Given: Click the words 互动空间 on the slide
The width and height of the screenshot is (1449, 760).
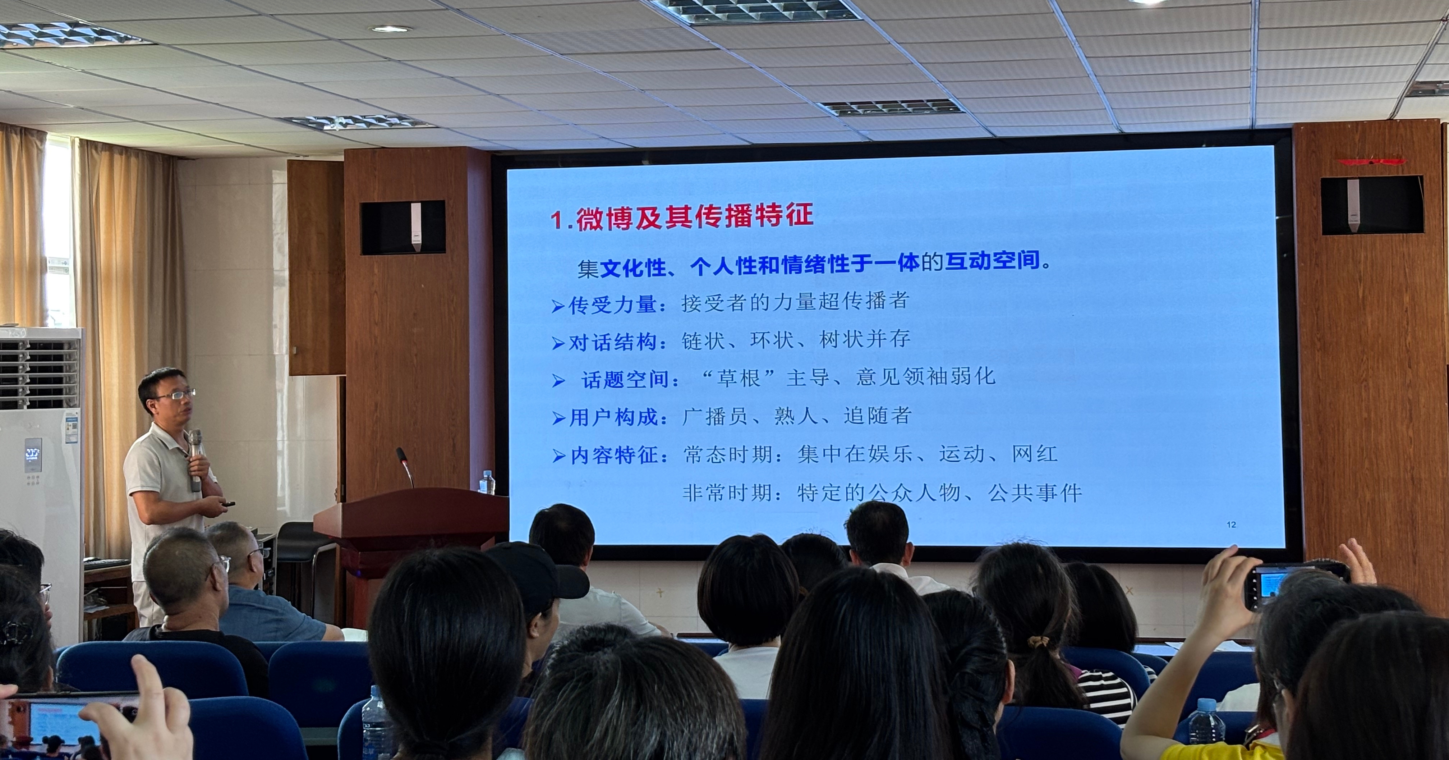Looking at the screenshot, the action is point(992,262).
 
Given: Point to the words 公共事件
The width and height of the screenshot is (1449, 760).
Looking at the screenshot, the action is point(1035,493).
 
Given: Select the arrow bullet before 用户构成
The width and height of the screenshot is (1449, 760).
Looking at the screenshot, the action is point(558,418).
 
